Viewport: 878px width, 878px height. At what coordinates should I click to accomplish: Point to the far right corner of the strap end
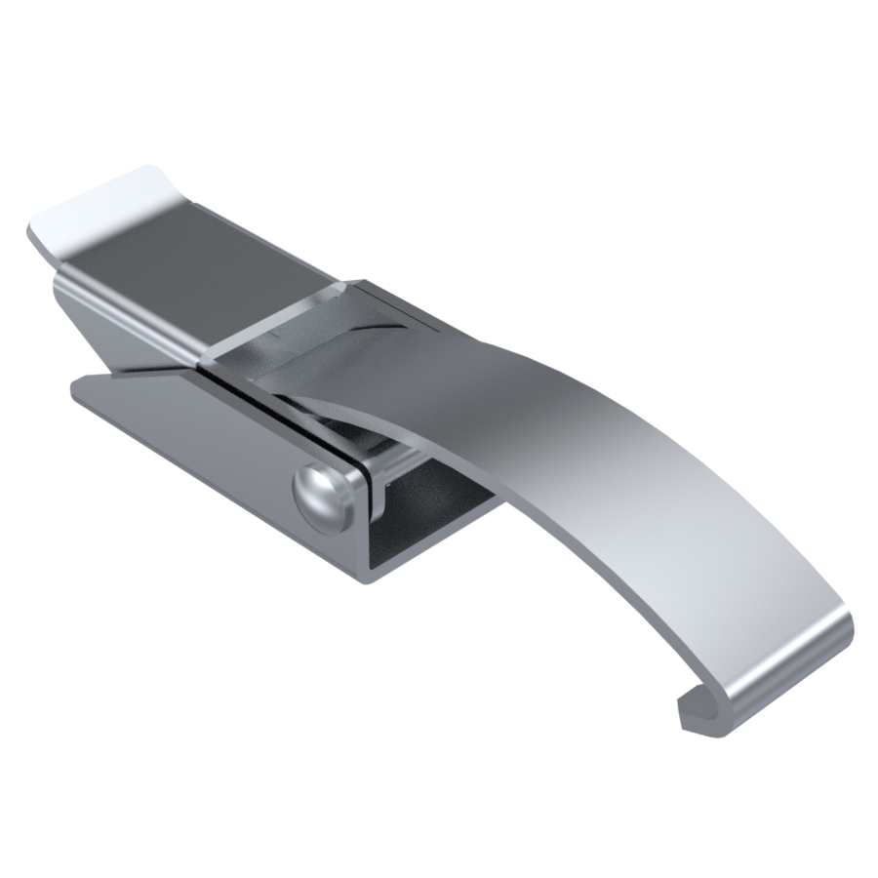tap(851, 624)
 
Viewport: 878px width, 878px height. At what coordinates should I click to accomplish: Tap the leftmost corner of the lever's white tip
tap(29, 234)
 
